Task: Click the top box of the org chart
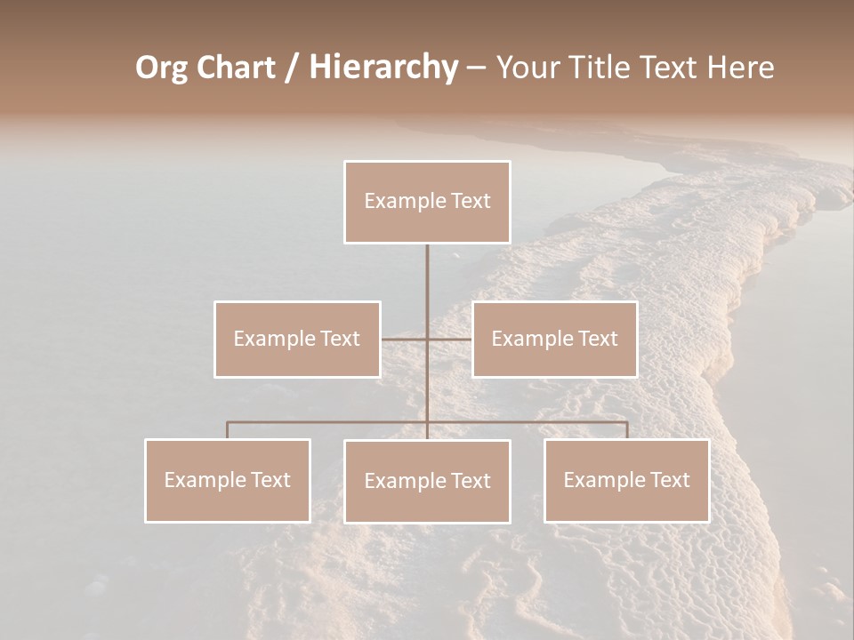tap(427, 202)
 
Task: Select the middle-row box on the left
tap(297, 339)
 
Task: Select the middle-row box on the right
tap(554, 339)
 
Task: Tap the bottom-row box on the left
tap(228, 480)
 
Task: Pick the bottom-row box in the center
tap(427, 481)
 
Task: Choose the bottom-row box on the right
tap(626, 480)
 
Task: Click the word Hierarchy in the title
tap(383, 68)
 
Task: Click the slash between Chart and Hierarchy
tap(292, 68)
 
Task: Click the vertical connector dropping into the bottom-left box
tap(228, 430)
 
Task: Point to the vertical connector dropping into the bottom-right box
tap(626, 430)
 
